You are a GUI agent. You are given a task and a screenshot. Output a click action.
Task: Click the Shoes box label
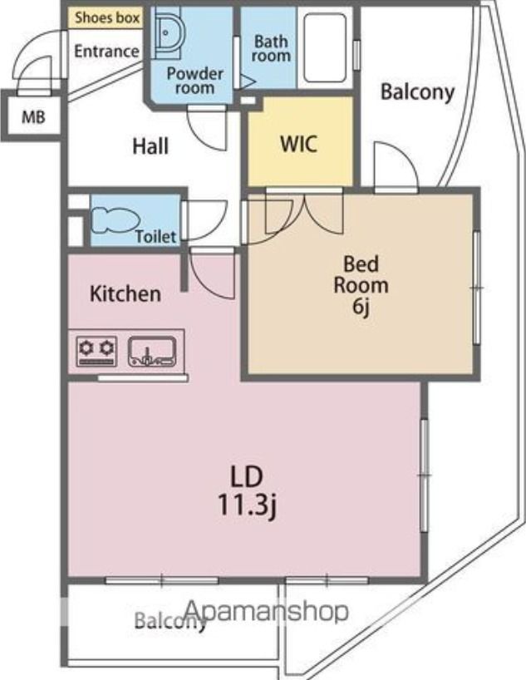[107, 17]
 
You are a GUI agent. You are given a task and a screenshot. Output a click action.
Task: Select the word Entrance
[106, 52]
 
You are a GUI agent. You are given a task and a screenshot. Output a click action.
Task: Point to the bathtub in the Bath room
[325, 47]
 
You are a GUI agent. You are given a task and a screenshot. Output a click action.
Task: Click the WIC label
[298, 144]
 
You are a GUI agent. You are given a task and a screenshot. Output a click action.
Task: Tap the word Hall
[150, 146]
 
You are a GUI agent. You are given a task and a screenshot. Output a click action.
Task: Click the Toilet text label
[155, 237]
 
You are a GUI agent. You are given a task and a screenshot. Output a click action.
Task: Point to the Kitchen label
[125, 293]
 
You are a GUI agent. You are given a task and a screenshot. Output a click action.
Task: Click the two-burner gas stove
[96, 351]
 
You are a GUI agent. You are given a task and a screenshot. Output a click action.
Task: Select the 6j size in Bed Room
[361, 307]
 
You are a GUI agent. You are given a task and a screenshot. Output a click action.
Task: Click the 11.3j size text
[247, 505]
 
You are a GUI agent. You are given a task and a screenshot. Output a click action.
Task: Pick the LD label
[246, 476]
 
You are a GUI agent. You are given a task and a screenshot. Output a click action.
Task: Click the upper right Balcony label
[417, 92]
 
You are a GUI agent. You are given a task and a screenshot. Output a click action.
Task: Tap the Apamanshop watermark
[266, 612]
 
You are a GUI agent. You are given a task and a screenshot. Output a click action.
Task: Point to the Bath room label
[271, 48]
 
